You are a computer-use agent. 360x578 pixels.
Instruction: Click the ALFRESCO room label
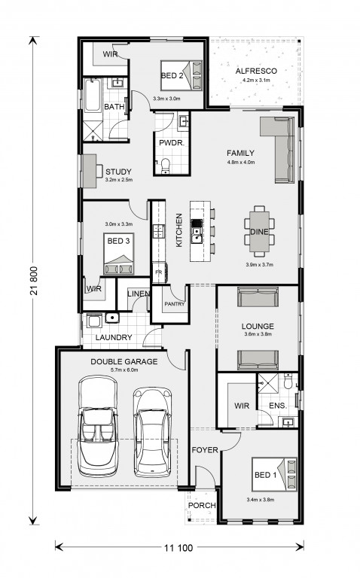[x=256, y=71]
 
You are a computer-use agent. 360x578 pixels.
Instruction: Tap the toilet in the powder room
[x=166, y=166]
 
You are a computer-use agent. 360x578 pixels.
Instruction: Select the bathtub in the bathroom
[x=92, y=95]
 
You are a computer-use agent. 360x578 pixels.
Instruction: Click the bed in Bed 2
[x=182, y=75]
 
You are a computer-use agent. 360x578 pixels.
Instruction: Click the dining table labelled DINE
[x=259, y=232]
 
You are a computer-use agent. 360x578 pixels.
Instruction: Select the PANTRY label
[x=175, y=304]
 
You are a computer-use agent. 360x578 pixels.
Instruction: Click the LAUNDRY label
[x=114, y=337]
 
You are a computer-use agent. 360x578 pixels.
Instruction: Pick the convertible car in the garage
[x=98, y=426]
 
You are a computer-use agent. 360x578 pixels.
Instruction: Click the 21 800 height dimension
[x=34, y=281]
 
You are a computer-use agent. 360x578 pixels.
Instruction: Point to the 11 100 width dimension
[x=178, y=548]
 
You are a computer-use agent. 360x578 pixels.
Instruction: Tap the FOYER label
[x=205, y=450]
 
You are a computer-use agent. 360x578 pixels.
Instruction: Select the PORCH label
[x=202, y=506]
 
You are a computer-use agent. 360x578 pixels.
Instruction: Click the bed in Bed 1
[x=274, y=474]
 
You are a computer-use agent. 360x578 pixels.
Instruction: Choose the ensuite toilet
[x=288, y=382]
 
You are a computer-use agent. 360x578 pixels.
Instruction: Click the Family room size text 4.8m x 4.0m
[x=241, y=162]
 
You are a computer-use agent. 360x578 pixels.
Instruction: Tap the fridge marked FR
[x=159, y=272]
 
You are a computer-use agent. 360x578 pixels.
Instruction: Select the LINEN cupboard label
[x=139, y=294]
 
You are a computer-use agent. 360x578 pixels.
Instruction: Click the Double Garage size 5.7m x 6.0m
[x=124, y=370]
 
